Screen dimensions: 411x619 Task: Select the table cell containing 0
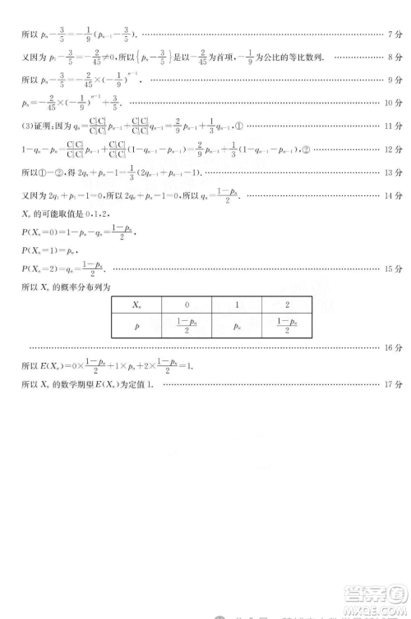(x=187, y=304)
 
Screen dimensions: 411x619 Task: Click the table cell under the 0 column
(x=187, y=324)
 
